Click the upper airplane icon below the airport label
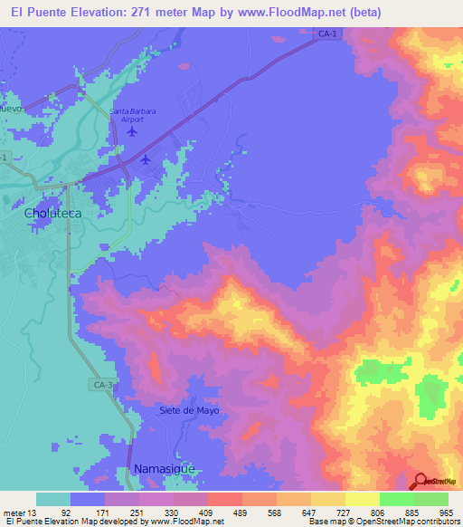[134, 131]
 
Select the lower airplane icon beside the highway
[146, 160]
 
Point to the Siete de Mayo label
[189, 410]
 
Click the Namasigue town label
[163, 469]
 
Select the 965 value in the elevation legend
[445, 513]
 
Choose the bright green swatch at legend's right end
[430, 499]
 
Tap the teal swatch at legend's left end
[53, 499]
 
